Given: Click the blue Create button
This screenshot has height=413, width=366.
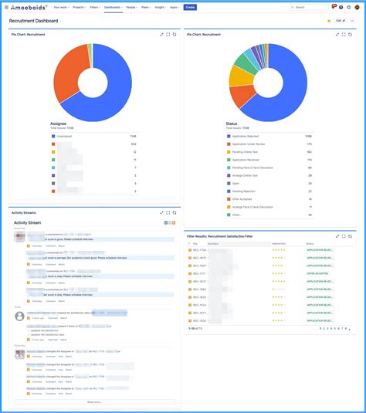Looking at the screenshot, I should (x=190, y=7).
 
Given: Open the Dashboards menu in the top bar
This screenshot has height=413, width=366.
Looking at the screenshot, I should (x=113, y=7).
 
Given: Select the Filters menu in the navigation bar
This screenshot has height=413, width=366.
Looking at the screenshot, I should (x=93, y=7).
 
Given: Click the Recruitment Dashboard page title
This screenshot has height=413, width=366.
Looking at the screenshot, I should (x=33, y=21).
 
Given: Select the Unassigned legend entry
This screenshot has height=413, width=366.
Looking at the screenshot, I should (x=68, y=136).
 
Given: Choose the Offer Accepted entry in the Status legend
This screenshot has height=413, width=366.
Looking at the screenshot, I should (x=243, y=199).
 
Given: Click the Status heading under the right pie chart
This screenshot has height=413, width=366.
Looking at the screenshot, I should (x=232, y=123).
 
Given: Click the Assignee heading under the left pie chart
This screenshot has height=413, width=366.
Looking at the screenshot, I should (x=58, y=123).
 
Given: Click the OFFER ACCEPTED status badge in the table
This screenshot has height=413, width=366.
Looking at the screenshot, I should (x=320, y=273).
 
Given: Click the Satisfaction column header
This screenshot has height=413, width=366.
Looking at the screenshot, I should (x=279, y=243).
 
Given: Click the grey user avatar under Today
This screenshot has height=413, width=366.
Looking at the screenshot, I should (x=20, y=315).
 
